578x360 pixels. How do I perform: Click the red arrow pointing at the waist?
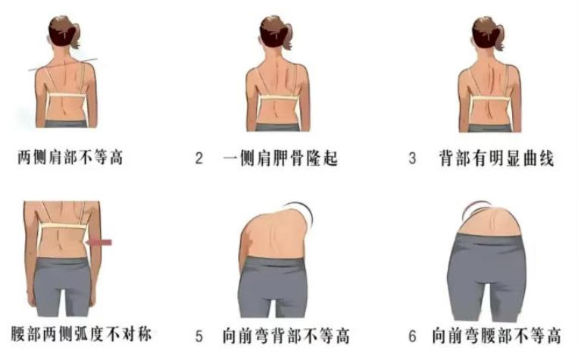(98, 243)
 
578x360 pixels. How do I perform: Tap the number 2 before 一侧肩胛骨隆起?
(199, 158)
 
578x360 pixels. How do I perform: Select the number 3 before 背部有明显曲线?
(413, 158)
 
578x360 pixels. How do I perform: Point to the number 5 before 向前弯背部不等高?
(199, 336)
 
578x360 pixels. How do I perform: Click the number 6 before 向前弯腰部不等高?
(413, 336)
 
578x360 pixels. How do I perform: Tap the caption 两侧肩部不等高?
(70, 158)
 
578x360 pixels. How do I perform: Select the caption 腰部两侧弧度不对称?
(81, 333)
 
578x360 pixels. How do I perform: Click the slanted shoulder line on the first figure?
(63, 64)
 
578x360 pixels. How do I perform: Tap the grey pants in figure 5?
(273, 286)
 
